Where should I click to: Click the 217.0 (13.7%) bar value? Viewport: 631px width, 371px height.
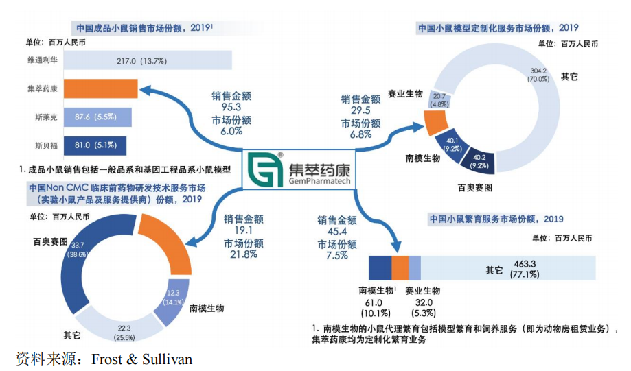pos(140,61)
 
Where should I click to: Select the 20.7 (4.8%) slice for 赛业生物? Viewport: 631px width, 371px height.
pos(440,100)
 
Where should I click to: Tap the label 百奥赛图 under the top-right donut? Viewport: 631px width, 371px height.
pos(475,187)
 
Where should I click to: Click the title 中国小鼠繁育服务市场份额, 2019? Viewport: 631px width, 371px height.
pos(496,219)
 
